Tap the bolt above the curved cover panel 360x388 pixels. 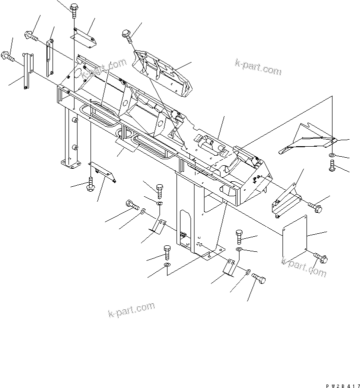point(126,35)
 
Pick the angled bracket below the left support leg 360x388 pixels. point(102,171)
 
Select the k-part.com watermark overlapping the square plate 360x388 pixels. point(303,266)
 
